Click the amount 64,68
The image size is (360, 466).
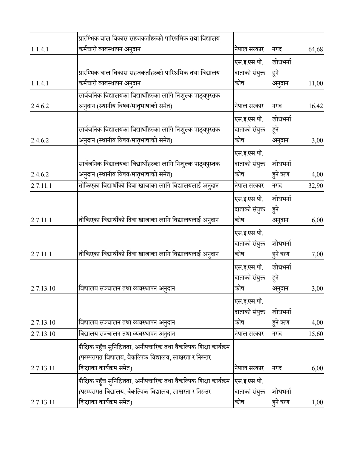[x=316, y=49]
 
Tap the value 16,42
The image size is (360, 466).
[x=316, y=106]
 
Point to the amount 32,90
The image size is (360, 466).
[x=316, y=186]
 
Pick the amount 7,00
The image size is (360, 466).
[x=317, y=254]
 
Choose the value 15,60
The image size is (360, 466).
[x=316, y=334]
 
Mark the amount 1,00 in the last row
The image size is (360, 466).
[x=317, y=402]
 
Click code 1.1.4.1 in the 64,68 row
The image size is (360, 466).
[x=40, y=49]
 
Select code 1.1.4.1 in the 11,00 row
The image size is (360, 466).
[x=40, y=83]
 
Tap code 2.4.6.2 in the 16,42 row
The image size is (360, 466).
[x=40, y=106]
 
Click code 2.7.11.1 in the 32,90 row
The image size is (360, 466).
[x=41, y=186]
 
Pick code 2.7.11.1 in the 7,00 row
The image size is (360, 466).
[x=41, y=254]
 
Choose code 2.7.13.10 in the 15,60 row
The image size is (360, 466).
[x=43, y=334]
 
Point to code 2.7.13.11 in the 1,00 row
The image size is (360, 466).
[x=43, y=402]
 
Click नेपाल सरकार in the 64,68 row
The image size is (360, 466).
[x=249, y=49]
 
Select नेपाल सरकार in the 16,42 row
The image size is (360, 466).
[x=249, y=106]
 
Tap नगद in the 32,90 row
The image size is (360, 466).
[x=277, y=186]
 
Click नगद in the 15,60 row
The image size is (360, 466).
[x=277, y=334]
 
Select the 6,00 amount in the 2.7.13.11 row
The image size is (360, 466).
[x=317, y=368]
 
